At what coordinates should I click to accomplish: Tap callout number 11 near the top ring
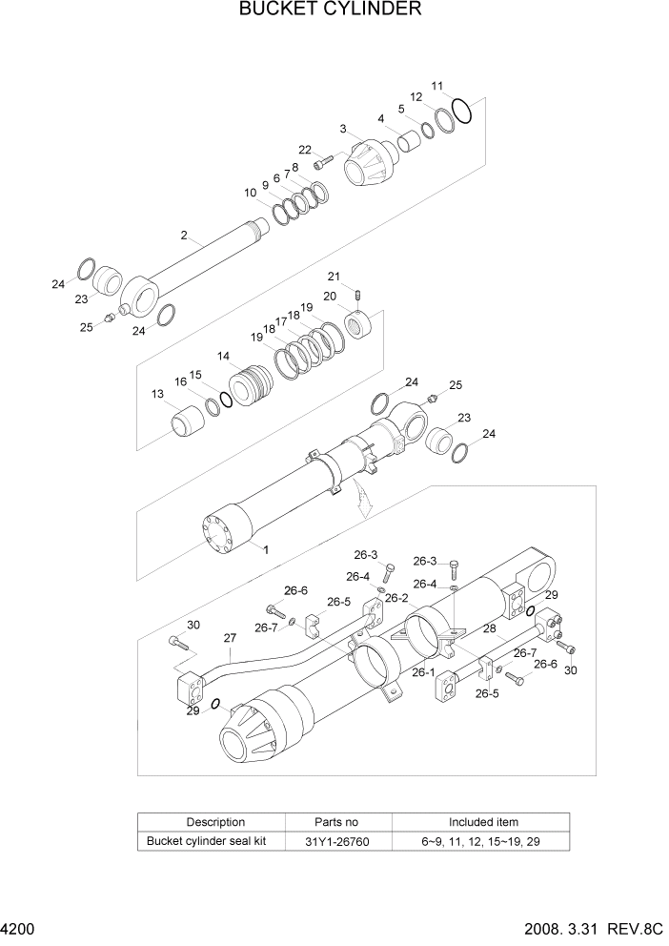[436, 86]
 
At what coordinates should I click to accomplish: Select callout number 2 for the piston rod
[185, 235]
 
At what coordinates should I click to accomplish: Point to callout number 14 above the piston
[223, 356]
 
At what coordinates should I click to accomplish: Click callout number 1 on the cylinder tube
[266, 549]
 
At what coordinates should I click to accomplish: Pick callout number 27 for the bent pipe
[229, 638]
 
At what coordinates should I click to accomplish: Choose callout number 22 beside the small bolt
[305, 150]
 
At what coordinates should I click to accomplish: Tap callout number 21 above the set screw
[334, 277]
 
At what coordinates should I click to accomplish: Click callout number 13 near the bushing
[157, 394]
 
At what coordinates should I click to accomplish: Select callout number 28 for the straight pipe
[490, 629]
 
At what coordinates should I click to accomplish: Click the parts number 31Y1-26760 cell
[336, 841]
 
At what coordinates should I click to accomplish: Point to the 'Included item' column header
[483, 822]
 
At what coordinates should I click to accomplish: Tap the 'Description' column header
[215, 822]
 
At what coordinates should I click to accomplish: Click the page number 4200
[19, 927]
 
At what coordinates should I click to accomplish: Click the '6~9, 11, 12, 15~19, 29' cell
[483, 841]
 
